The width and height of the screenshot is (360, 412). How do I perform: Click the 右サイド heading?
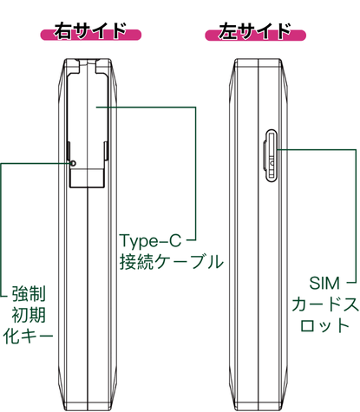click(90, 31)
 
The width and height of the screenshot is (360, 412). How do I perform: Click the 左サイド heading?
click(255, 31)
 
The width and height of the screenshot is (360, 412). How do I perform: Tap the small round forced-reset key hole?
click(74, 163)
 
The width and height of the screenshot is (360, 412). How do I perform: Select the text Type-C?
click(150, 240)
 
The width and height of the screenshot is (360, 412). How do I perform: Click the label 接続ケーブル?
click(172, 262)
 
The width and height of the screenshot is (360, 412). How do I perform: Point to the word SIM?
click(324, 284)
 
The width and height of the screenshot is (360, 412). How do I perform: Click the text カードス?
click(325, 304)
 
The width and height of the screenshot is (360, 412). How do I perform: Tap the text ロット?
click(324, 325)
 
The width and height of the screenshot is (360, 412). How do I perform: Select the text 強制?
click(29, 294)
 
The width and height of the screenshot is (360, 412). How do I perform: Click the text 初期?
click(29, 315)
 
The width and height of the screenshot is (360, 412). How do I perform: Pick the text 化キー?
click(29, 336)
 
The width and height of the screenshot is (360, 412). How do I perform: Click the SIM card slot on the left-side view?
click(270, 155)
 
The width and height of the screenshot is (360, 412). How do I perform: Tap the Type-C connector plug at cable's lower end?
click(87, 178)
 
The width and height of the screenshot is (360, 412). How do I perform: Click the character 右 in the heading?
click(62, 31)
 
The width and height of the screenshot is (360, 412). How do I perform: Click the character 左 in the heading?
click(227, 31)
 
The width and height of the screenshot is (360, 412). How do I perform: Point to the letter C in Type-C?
click(174, 240)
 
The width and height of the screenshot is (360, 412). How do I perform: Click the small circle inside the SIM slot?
click(272, 163)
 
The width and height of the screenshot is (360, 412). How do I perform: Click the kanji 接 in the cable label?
click(128, 262)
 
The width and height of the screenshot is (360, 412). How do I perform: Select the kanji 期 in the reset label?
click(37, 315)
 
